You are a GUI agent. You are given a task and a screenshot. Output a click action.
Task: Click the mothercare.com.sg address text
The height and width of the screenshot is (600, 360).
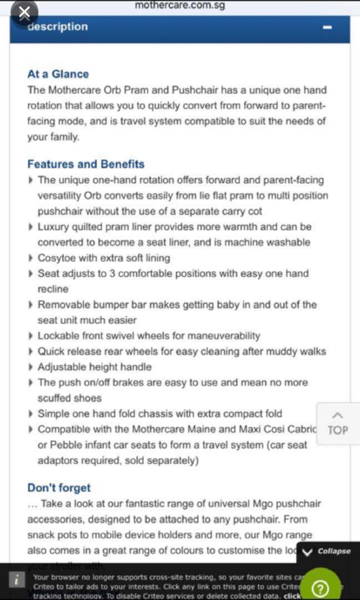(179, 6)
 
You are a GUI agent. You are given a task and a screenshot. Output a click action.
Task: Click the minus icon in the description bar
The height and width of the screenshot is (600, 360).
(327, 27)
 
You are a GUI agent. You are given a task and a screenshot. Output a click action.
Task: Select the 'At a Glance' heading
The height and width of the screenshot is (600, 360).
(58, 74)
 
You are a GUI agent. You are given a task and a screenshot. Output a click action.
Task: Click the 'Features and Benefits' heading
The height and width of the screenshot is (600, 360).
(86, 164)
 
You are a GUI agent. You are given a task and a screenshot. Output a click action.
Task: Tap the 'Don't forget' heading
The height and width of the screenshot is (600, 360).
(59, 488)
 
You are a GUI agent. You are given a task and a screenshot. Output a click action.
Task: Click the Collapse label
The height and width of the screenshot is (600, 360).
(334, 551)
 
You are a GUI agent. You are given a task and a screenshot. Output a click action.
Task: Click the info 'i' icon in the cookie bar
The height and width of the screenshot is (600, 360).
(18, 579)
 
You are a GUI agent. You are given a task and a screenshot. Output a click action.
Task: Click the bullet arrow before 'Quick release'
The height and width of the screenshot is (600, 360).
(30, 352)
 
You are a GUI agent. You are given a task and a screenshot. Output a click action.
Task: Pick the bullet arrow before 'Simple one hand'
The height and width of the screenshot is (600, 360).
(30, 414)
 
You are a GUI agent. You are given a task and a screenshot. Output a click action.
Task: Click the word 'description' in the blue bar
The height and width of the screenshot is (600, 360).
(58, 27)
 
